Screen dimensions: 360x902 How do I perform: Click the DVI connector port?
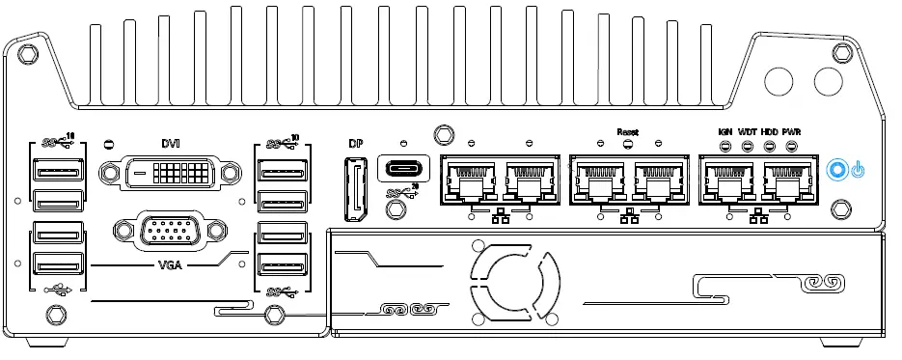169,174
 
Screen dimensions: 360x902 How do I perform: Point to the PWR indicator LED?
791,147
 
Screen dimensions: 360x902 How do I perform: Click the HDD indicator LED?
769,147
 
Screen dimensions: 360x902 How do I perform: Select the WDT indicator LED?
747,147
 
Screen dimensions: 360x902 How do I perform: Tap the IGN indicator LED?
724,147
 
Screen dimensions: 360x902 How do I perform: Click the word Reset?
627,130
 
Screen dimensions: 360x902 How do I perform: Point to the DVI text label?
169,142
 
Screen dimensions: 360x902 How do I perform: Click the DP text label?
354,145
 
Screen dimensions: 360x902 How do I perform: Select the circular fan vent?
511,281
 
